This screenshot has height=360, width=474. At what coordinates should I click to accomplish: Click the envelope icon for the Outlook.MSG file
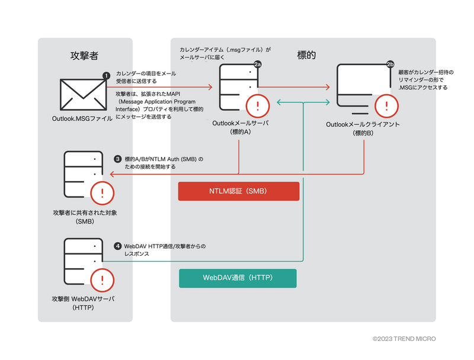pos(82,95)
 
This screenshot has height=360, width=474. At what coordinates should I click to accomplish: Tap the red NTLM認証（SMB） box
pos(239,191)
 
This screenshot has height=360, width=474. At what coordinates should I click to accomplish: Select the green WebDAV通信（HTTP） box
pos(238,278)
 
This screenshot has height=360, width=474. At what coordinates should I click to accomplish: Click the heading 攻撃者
pos(84,56)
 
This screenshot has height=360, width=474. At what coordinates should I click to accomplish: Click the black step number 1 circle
pos(107,76)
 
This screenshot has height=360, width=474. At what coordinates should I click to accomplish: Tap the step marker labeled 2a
pos(258,64)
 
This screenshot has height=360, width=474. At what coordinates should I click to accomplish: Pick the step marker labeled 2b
pos(390,64)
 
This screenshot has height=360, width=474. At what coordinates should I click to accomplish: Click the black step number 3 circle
pos(118,159)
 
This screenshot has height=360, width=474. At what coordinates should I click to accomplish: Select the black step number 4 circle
pos(118,245)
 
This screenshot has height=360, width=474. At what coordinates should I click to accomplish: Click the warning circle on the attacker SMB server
pos(102,193)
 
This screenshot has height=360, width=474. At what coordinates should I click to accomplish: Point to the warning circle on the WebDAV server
pos(102,279)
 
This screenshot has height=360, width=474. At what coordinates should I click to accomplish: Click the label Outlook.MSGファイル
pos(82,119)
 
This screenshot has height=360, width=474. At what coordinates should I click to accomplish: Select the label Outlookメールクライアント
pos(363,125)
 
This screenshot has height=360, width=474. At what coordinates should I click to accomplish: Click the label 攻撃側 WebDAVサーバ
pos(83,300)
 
